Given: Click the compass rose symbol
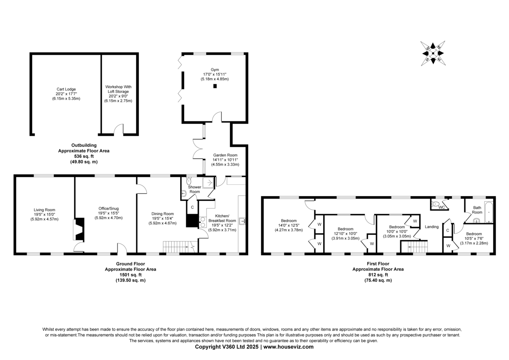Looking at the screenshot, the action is (433, 53).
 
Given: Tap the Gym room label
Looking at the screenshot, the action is (215, 70).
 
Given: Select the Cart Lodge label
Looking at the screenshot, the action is (66, 89).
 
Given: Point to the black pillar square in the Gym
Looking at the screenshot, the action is (215, 86).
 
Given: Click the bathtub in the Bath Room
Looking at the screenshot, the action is (489, 212).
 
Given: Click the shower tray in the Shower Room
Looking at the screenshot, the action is (208, 183).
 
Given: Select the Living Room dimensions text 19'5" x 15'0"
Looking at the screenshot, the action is (44, 214).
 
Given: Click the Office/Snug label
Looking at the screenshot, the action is (109, 208).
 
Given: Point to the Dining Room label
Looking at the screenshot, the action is (162, 214).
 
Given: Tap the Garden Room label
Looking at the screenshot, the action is (225, 155).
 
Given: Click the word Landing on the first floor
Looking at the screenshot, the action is (431, 227).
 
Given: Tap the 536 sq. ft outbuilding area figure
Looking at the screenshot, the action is (84, 156).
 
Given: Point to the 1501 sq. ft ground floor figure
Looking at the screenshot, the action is (131, 275).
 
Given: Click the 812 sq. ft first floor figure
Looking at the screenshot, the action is (378, 275).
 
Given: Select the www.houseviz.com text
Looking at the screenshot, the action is (288, 347).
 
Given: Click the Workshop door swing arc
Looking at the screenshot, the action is (118, 128).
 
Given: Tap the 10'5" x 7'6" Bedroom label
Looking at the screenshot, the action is (474, 239).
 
